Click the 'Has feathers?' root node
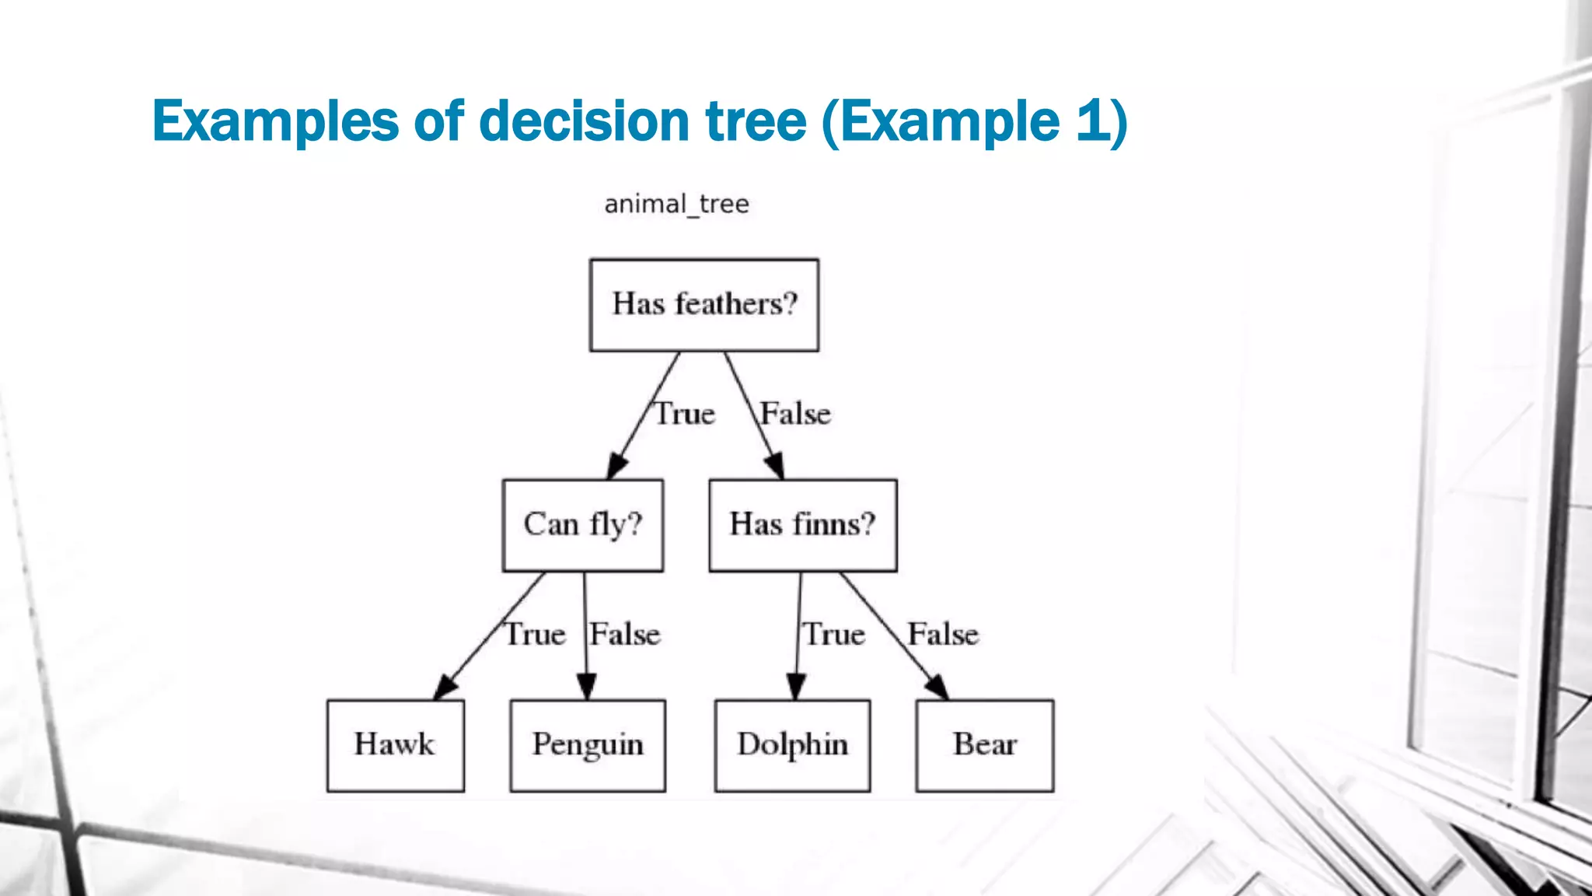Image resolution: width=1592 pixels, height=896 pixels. click(x=704, y=305)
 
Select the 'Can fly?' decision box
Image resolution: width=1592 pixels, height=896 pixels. click(x=583, y=525)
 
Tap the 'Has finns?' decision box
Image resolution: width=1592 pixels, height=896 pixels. click(x=803, y=525)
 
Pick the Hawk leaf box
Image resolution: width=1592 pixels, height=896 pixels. click(x=396, y=745)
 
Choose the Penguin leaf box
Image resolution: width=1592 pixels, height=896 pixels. click(x=588, y=745)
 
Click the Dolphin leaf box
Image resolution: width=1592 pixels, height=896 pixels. click(x=792, y=745)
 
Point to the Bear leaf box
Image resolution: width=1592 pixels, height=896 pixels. click(x=985, y=745)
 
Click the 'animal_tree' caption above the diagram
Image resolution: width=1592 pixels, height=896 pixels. click(x=676, y=205)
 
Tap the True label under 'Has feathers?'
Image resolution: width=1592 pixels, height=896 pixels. click(x=684, y=414)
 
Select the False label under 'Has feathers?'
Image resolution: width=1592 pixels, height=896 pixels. click(x=795, y=414)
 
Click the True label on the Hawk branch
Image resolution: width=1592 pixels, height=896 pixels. click(x=536, y=635)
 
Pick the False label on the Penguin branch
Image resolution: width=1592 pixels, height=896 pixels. click(x=625, y=635)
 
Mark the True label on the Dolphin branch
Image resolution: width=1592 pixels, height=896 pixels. click(x=834, y=635)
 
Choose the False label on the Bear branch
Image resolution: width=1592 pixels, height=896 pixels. click(x=943, y=635)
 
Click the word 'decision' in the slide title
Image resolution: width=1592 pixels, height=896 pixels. click(x=585, y=122)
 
